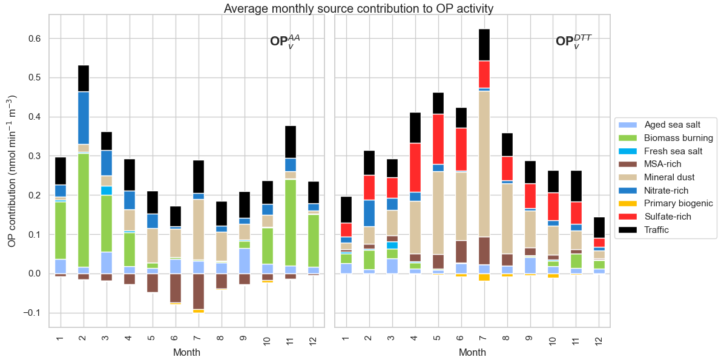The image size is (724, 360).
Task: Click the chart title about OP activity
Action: pos(358,8)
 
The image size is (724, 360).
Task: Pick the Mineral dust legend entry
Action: pos(669,177)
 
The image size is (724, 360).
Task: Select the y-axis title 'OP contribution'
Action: pos(12,171)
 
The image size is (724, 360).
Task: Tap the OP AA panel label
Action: pos(285,42)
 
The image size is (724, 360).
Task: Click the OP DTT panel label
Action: pos(573,42)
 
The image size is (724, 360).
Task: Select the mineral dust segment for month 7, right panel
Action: pos(484,163)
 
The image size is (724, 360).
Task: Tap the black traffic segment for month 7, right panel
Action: pos(484,45)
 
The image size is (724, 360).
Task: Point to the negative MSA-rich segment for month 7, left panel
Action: pos(198,291)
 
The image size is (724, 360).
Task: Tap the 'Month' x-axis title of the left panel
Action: pos(186,352)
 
